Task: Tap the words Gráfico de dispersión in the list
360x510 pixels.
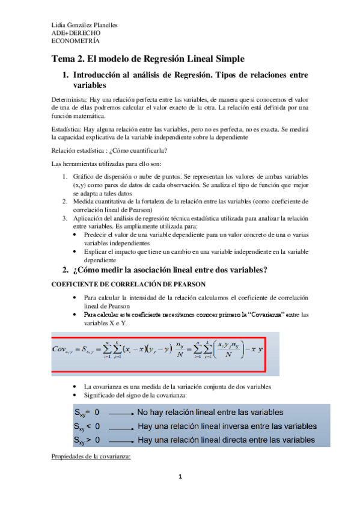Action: (106, 177)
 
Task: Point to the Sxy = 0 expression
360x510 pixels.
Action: (87, 413)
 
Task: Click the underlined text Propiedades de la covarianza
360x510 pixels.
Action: (91, 456)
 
